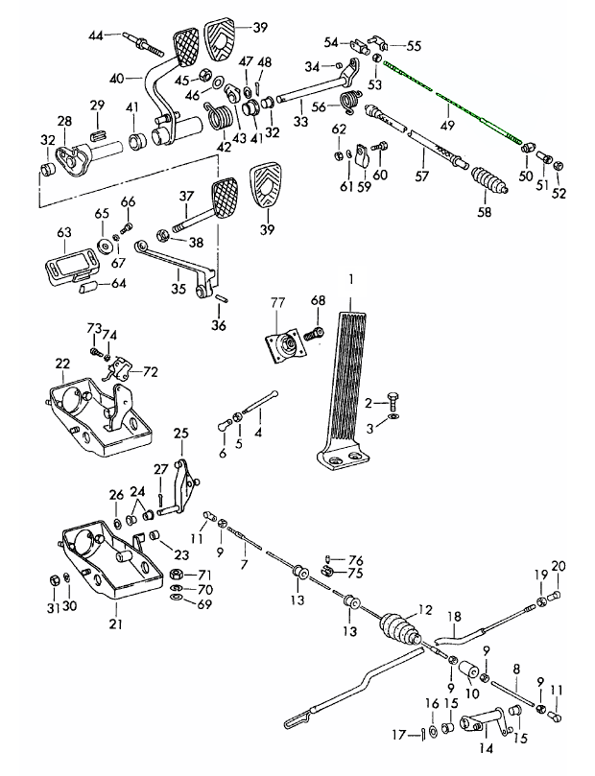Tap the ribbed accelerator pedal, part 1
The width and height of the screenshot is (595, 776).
(345, 384)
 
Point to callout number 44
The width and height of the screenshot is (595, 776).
(95, 35)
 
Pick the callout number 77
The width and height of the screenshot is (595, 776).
(277, 303)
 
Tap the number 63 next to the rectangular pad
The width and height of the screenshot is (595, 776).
(64, 232)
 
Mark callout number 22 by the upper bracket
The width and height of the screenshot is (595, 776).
(62, 364)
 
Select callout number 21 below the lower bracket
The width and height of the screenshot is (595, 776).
(115, 624)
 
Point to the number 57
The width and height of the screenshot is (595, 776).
(418, 177)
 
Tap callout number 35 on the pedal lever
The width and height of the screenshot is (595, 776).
(178, 286)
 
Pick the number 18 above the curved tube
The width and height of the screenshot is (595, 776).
(457, 616)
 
